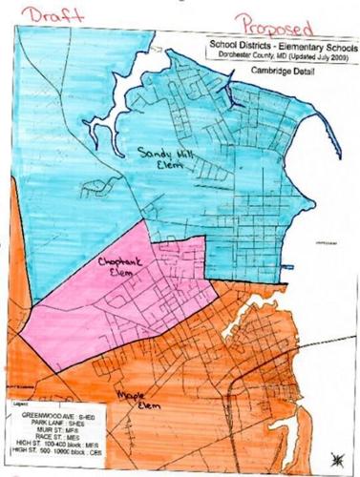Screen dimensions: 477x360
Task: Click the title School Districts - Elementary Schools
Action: tap(277, 43)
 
